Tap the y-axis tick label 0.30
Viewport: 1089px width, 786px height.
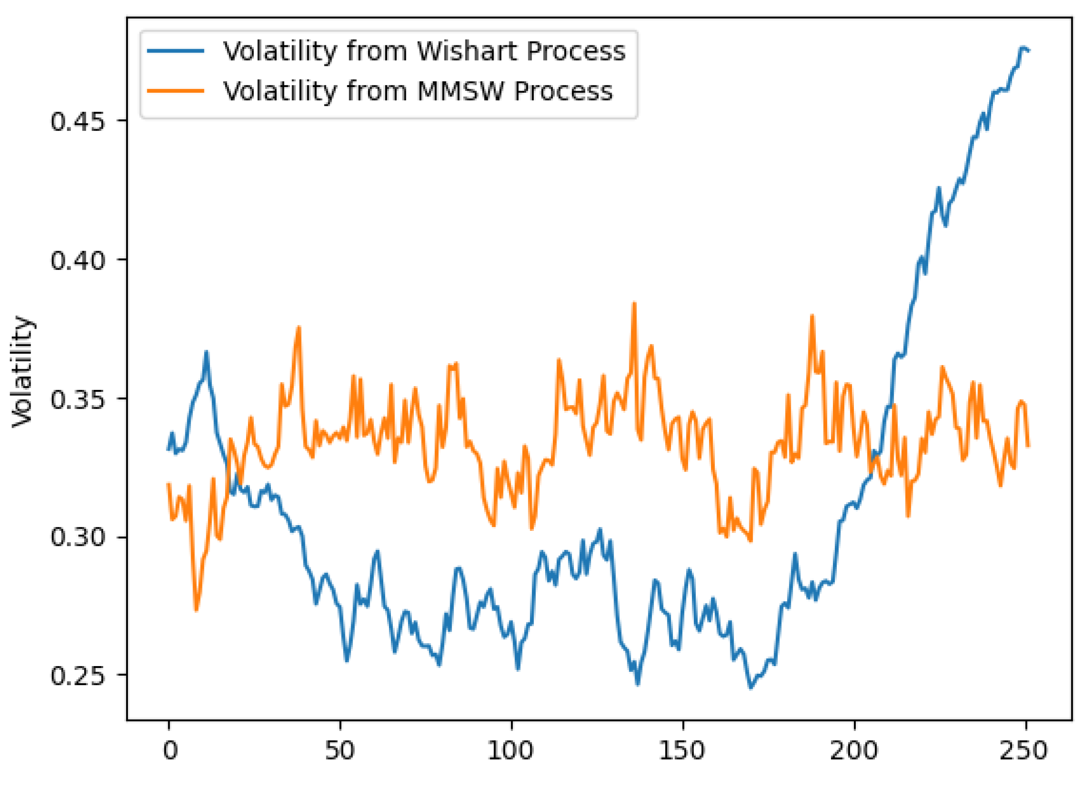tap(77, 538)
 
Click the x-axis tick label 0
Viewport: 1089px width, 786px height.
tap(170, 750)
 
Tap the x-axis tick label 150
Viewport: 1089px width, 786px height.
tap(681, 750)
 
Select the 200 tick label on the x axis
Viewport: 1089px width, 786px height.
tap(853, 750)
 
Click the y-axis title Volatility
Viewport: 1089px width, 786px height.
tap(22, 372)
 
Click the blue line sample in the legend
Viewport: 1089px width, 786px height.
tap(176, 52)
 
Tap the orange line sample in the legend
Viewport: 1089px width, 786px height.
tap(176, 91)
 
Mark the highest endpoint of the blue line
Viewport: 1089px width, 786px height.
tap(1022, 47)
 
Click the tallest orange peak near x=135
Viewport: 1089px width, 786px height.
tap(634, 303)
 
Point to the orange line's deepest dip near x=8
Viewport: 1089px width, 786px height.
tap(196, 610)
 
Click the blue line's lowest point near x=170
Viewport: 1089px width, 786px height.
tap(751, 688)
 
